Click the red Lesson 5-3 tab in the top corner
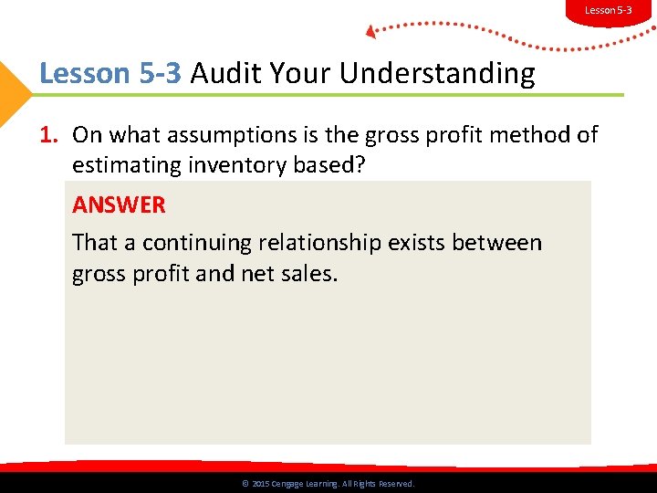point(608,10)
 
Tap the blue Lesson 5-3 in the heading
point(110,73)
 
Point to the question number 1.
point(48,135)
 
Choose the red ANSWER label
point(119,205)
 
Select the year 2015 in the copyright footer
point(260,484)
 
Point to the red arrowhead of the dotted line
point(370,32)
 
